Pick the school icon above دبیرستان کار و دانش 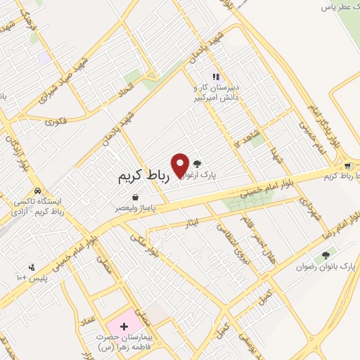point(215,77)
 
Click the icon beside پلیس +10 point(32,267)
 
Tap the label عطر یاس point(337,7)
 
